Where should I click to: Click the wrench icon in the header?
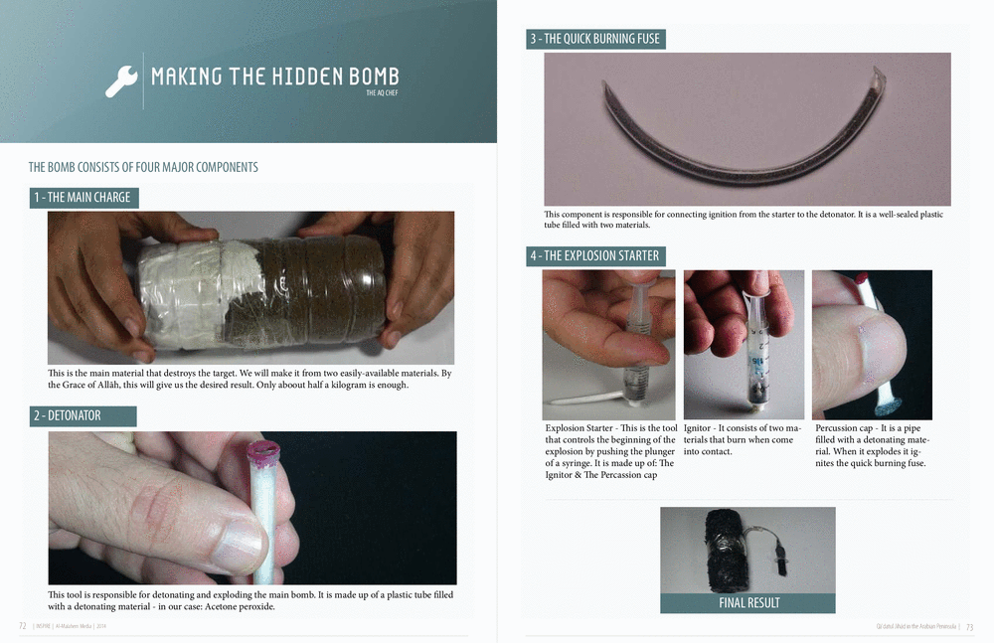coord(121,81)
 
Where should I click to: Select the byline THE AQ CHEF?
coord(382,92)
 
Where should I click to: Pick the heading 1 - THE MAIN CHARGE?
coord(83,197)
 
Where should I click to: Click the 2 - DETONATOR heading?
coord(83,416)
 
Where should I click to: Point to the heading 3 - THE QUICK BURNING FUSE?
coord(595,39)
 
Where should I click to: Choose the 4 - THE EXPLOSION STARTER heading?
coord(595,256)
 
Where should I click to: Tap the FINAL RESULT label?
coord(748,603)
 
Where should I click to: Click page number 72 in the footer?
coord(23,626)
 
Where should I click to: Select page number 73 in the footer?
coord(969,626)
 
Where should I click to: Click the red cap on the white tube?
coord(262,451)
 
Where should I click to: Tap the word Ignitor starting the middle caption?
coord(697,428)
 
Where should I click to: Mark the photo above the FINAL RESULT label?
coord(748,551)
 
